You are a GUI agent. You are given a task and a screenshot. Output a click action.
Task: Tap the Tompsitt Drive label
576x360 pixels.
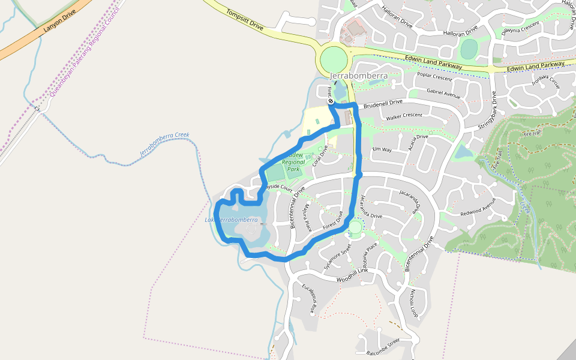pyautogui.click(x=245, y=19)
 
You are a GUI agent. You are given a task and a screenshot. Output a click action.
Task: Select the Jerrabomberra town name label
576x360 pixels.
pyautogui.click(x=359, y=76)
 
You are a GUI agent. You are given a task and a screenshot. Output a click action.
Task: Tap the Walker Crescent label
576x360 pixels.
pyautogui.click(x=404, y=116)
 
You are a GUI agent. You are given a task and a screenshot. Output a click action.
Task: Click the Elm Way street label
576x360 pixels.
pyautogui.click(x=382, y=149)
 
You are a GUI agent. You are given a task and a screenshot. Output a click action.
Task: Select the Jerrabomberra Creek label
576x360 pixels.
pyautogui.click(x=164, y=144)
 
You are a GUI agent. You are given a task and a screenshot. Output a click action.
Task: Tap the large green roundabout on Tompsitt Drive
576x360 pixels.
pyautogui.click(x=334, y=60)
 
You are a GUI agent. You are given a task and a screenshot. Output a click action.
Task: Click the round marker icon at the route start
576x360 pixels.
pyautogui.click(x=331, y=102)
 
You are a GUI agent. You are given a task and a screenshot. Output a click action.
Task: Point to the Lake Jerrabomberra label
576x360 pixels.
pyautogui.click(x=232, y=220)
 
